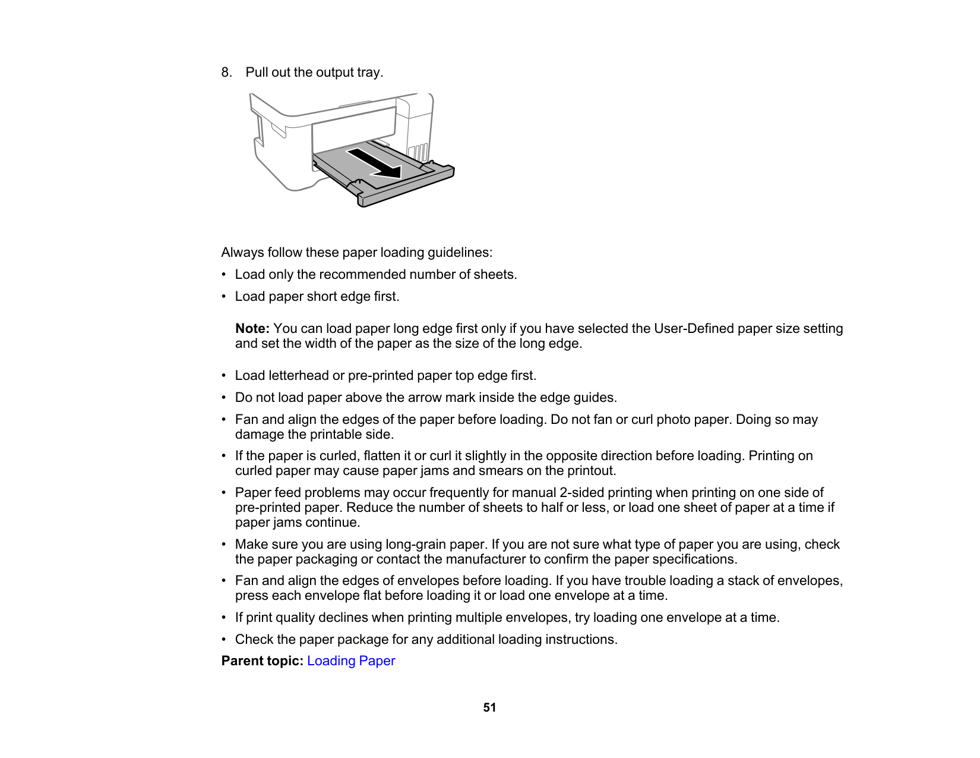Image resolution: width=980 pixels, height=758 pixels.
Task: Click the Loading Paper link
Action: (350, 661)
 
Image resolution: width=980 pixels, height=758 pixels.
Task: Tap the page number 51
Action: (489, 707)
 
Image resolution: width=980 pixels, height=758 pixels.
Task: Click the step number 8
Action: (226, 73)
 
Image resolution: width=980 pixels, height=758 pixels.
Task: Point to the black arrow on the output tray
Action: (375, 163)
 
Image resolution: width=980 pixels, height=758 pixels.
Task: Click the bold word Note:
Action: (252, 329)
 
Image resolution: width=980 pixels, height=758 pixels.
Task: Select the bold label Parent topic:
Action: (262, 661)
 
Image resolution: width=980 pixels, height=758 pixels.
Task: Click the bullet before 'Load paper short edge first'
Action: (224, 297)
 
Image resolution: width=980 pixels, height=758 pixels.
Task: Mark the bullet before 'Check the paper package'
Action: (224, 640)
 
